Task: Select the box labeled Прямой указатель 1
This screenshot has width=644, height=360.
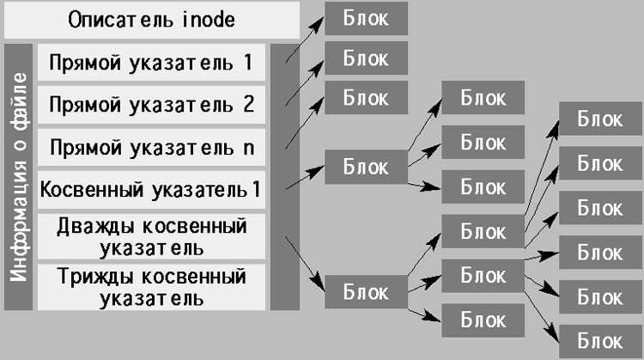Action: [x=151, y=62]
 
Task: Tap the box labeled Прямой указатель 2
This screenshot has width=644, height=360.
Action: [x=151, y=104]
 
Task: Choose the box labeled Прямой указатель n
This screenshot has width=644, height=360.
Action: [x=151, y=147]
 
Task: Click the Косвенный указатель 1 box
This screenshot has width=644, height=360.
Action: [x=151, y=190]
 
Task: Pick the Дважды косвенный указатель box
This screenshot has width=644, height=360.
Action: [x=151, y=236]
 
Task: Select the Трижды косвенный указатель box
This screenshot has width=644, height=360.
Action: [x=151, y=287]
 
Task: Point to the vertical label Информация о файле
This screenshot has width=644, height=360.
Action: [x=19, y=177]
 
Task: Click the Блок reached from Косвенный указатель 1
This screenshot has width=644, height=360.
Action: [x=367, y=167]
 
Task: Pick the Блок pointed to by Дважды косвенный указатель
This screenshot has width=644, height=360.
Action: [x=367, y=292]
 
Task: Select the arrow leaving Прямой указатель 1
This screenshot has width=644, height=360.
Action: [x=305, y=40]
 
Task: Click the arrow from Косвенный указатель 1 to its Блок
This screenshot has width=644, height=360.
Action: [x=305, y=177]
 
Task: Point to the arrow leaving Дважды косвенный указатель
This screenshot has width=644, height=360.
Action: [x=305, y=264]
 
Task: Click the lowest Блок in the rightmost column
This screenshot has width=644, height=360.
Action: [x=600, y=341]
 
